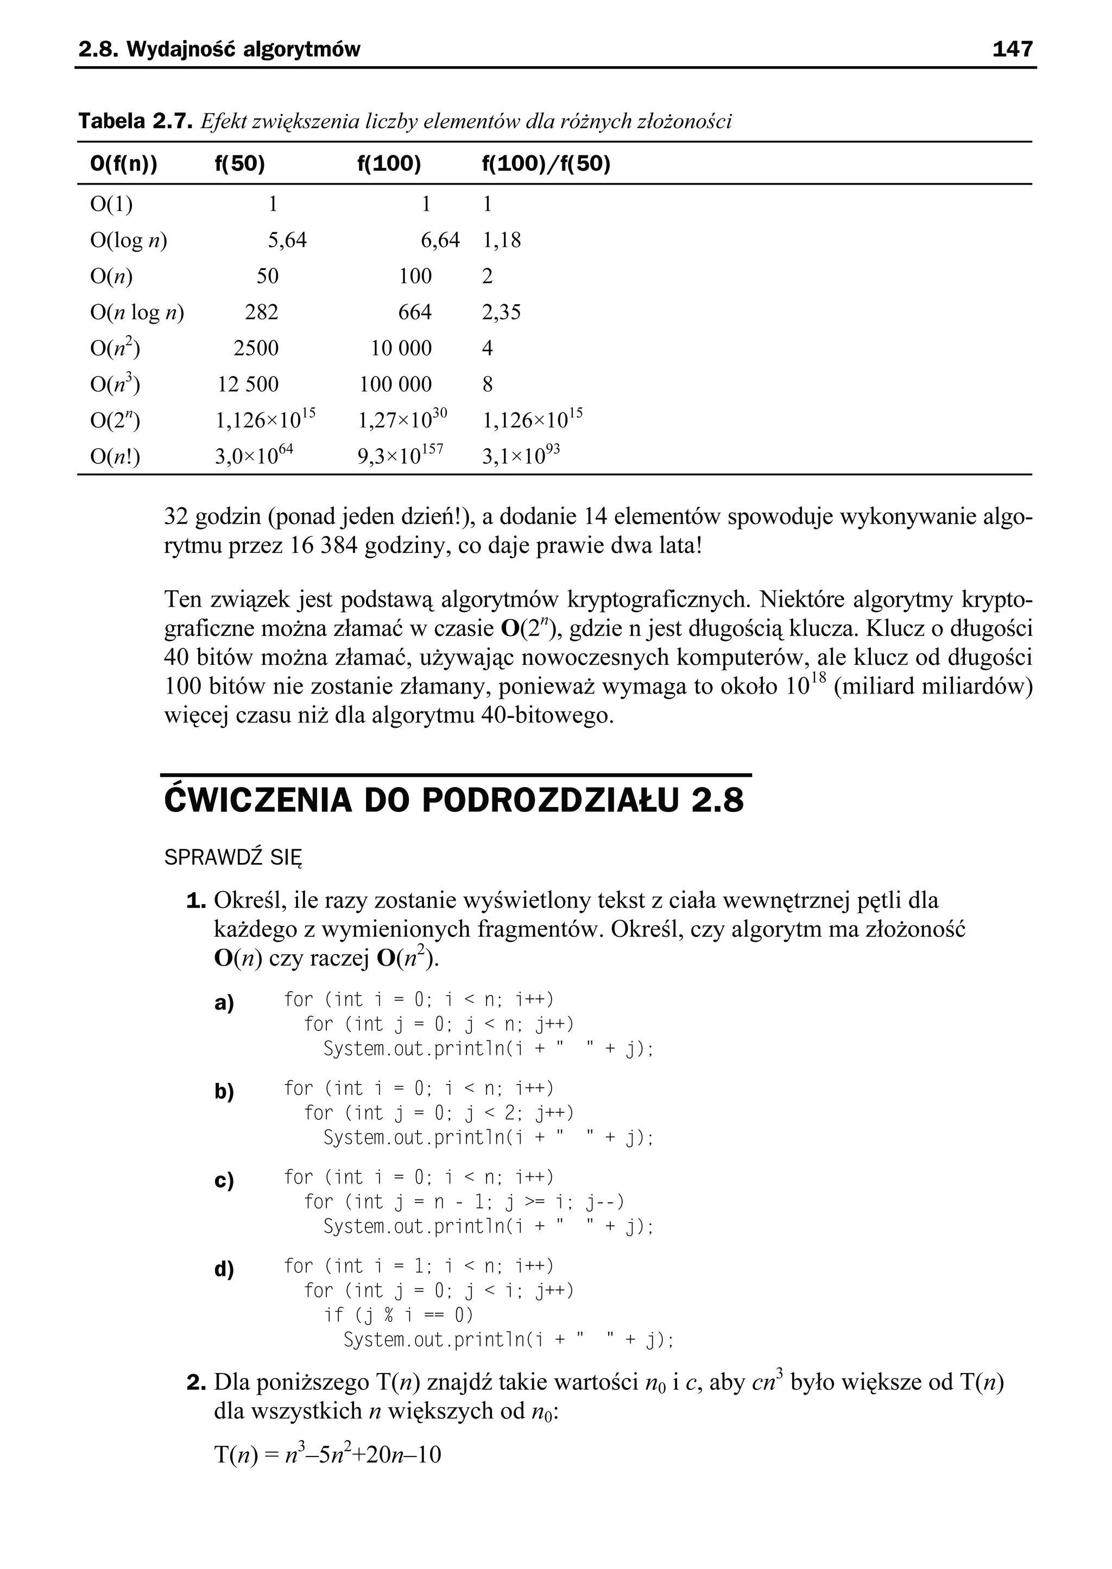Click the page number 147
tap(1012, 49)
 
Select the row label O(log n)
tap(129, 241)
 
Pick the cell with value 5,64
tap(287, 241)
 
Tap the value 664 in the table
tap(415, 312)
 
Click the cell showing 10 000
tap(401, 349)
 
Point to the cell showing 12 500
tap(248, 384)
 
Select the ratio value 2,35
tap(501, 312)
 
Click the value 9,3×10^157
tap(401, 455)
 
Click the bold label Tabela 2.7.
tap(134, 122)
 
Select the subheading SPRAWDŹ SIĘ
tap(233, 858)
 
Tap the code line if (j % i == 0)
tap(399, 1315)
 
